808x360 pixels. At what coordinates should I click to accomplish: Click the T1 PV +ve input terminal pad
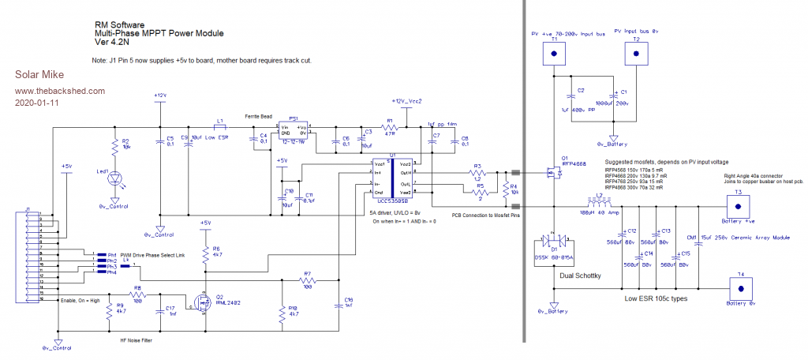(x=554, y=53)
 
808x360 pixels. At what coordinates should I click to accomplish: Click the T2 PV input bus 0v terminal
(x=636, y=53)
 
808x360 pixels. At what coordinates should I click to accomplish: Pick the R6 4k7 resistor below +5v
(x=206, y=253)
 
